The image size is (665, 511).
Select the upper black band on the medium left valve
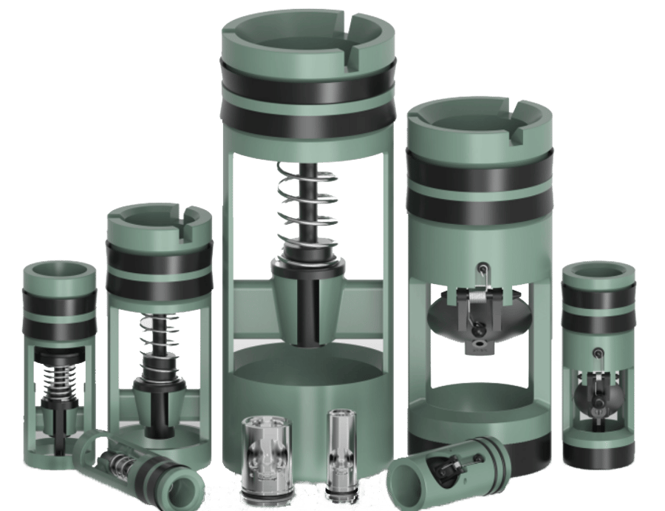[159, 255]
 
